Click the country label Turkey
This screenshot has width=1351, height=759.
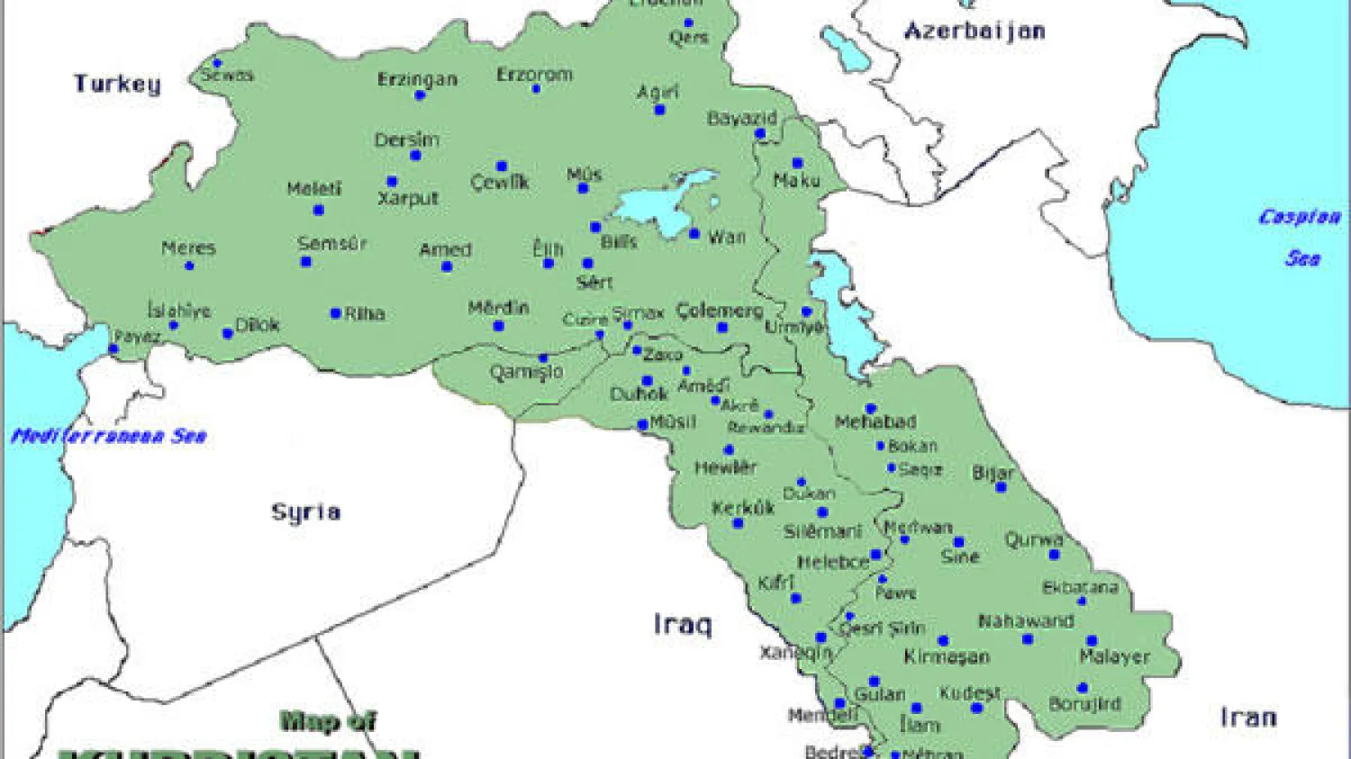click(117, 84)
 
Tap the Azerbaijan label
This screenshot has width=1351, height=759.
click(975, 32)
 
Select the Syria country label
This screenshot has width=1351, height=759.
click(306, 512)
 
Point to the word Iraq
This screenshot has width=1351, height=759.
click(682, 624)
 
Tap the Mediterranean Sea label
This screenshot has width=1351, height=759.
click(109, 437)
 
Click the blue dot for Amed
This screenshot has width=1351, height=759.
click(447, 267)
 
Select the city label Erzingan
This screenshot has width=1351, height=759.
click(417, 79)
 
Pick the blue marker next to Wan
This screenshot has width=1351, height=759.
click(694, 234)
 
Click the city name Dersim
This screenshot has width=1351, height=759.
click(407, 140)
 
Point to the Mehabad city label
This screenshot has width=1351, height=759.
click(875, 421)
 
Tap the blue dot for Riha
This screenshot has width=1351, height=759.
click(335, 313)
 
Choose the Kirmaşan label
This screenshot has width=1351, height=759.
click(947, 656)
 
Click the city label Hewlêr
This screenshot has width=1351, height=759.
click(725, 467)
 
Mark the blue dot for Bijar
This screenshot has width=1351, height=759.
click(1001, 487)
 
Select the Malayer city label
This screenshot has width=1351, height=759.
click(1114, 657)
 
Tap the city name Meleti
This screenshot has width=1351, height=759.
click(314, 189)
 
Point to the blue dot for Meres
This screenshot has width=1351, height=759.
click(189, 266)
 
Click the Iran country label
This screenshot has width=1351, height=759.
click(1248, 718)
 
